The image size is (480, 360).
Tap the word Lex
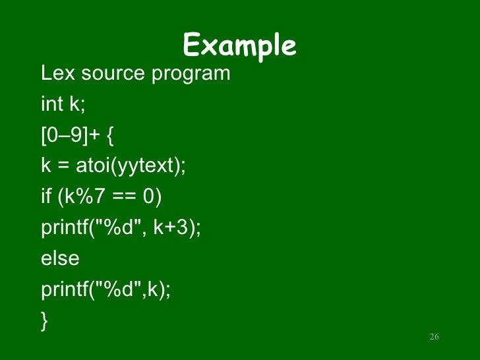pyautogui.click(x=55, y=73)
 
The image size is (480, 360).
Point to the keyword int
pyautogui.click(x=51, y=104)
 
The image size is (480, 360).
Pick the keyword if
pyautogui.click(x=45, y=196)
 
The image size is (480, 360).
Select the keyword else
pyautogui.click(x=60, y=258)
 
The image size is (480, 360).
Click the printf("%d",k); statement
pyautogui.click(x=105, y=289)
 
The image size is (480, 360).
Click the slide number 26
pyautogui.click(x=434, y=338)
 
